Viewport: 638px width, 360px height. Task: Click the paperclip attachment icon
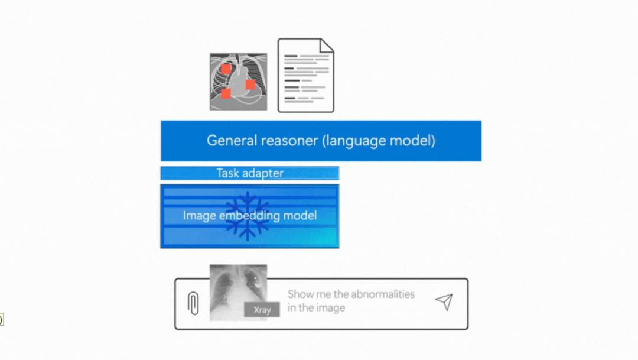click(193, 303)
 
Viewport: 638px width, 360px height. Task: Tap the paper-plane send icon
click(444, 301)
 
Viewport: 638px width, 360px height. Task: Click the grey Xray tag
click(262, 310)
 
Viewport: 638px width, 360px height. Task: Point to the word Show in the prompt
click(301, 294)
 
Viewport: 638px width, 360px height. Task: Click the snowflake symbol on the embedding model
click(248, 216)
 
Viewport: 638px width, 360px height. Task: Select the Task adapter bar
click(250, 173)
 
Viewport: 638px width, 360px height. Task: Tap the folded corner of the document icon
click(327, 46)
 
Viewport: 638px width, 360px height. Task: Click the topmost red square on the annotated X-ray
click(226, 69)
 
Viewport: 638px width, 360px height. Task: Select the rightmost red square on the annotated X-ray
click(250, 85)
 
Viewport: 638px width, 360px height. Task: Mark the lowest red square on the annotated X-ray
click(226, 93)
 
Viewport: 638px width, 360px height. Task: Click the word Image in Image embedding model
click(199, 216)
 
